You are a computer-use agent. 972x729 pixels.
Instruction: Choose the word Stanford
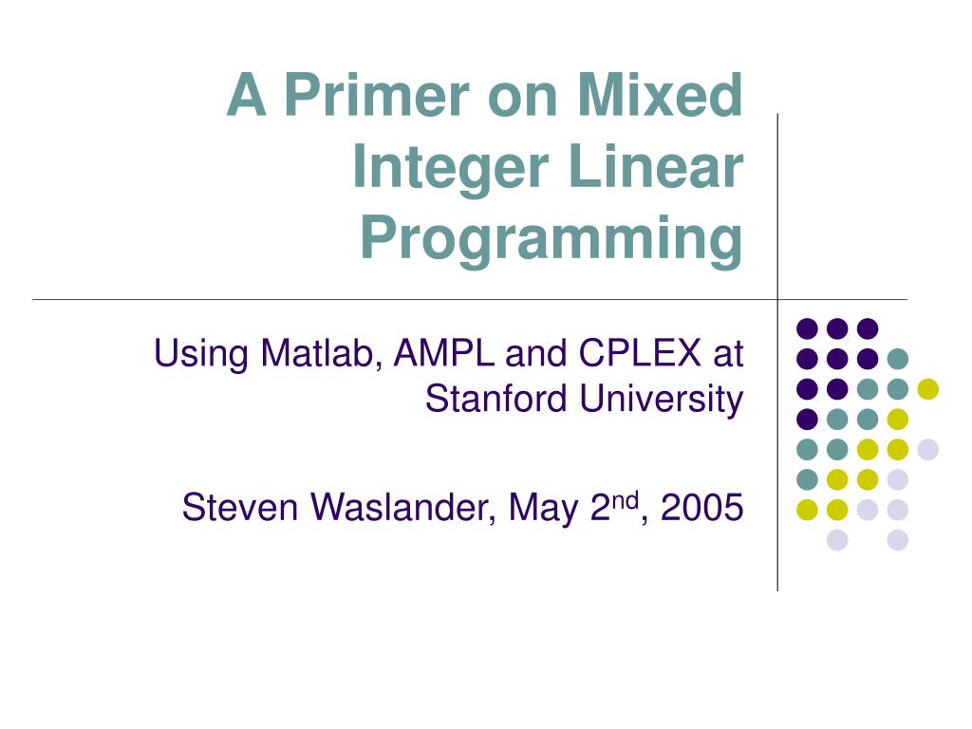tap(498, 400)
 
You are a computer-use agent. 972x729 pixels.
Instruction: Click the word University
tap(662, 400)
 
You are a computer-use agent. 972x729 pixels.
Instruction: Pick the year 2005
tap(701, 509)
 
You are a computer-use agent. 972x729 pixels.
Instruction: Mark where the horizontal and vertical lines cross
tap(778, 300)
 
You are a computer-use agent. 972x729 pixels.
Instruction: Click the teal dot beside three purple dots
tap(897, 359)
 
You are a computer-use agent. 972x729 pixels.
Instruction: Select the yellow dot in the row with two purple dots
tap(927, 388)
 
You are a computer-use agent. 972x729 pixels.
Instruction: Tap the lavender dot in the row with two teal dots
tap(927, 449)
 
